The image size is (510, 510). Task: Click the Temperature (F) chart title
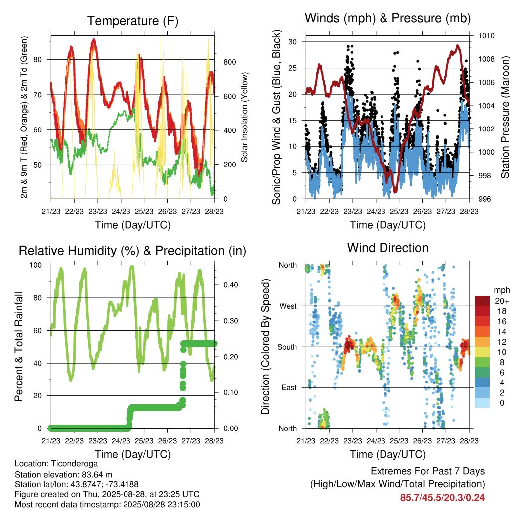click(x=132, y=21)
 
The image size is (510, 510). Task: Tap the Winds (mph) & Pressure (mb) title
click(x=387, y=18)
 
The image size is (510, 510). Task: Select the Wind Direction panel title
click(x=387, y=248)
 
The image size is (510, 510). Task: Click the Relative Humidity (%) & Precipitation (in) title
click(x=132, y=251)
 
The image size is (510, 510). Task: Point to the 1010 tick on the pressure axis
click(x=486, y=36)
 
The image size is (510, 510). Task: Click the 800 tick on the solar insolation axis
click(x=229, y=62)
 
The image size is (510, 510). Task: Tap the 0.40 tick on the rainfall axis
click(x=231, y=285)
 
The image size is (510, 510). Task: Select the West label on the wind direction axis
click(x=288, y=306)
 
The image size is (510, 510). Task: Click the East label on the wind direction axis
click(x=289, y=387)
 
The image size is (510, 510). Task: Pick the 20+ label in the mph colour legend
click(x=502, y=301)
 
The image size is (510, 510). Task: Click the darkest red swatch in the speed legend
click(x=482, y=301)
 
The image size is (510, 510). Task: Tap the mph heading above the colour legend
click(x=502, y=290)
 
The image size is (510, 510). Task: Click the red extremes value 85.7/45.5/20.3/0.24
click(x=442, y=498)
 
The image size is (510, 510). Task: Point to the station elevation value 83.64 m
click(x=91, y=474)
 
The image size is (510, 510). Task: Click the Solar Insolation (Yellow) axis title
click(x=244, y=117)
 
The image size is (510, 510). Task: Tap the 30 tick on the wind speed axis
click(x=292, y=42)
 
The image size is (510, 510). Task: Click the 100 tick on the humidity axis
click(x=36, y=265)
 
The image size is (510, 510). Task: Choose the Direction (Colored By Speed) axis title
click(x=266, y=347)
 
